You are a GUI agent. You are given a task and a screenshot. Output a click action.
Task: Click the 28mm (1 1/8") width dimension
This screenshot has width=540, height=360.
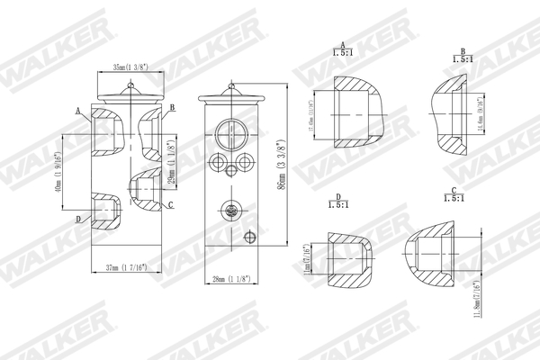click(228, 280)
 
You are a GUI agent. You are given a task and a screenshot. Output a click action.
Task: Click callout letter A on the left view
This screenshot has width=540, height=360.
click(79, 110)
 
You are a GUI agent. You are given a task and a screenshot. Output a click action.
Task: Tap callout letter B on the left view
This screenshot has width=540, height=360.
click(170, 107)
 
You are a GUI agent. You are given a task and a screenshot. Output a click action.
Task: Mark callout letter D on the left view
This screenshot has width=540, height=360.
click(78, 219)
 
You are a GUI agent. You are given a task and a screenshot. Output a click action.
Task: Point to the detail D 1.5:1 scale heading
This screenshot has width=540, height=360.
click(337, 200)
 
